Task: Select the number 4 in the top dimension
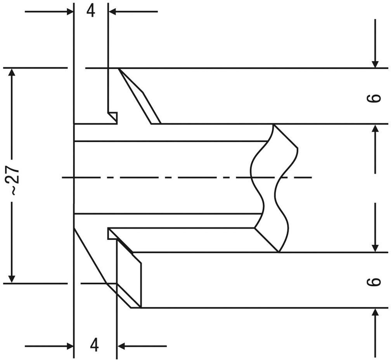[x=91, y=11]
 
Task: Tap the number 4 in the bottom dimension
[x=94, y=345]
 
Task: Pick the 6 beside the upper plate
[x=373, y=98]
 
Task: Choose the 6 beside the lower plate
[x=373, y=281]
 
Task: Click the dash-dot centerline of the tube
[x=186, y=177]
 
